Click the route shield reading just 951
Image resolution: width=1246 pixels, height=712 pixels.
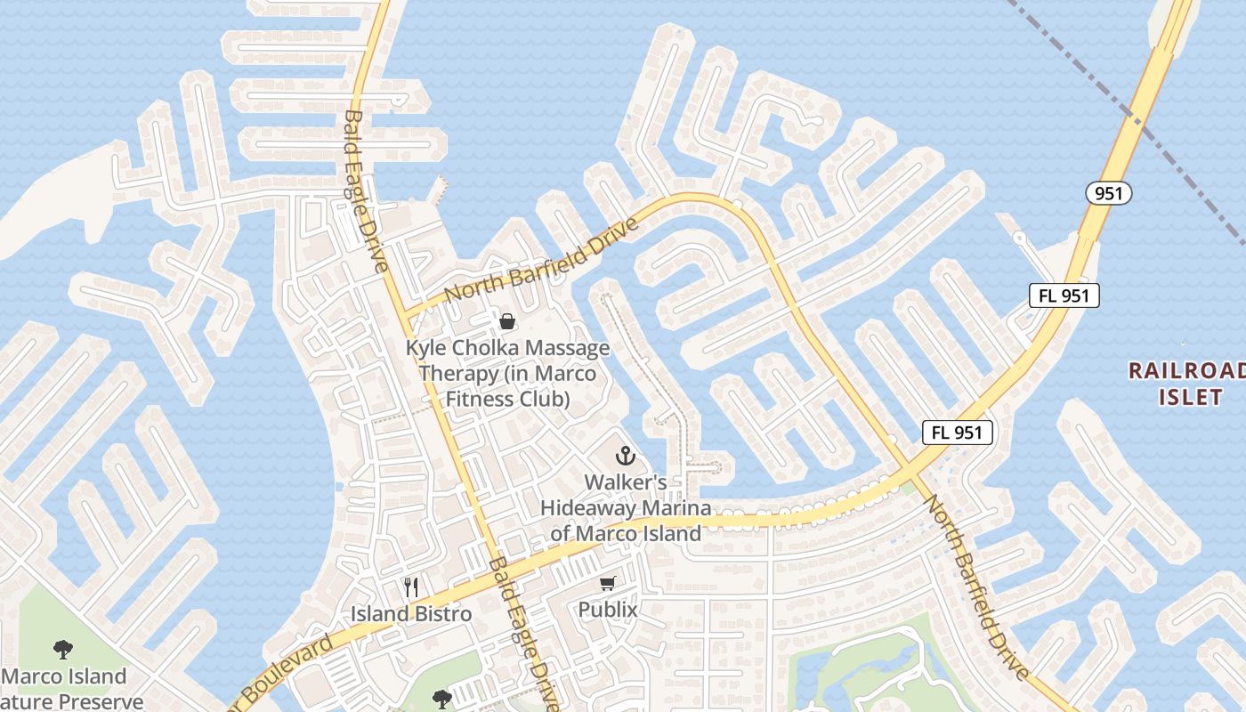click(1108, 192)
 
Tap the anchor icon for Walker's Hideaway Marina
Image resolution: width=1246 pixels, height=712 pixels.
click(626, 456)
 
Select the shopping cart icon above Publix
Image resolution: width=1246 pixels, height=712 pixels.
click(608, 584)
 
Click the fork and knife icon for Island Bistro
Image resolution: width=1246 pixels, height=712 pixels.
click(410, 587)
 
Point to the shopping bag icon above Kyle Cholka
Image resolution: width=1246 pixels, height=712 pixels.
click(507, 320)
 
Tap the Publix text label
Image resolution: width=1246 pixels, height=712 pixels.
click(608, 611)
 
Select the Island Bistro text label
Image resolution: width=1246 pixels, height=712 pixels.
click(410, 614)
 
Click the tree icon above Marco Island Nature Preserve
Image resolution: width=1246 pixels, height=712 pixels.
click(62, 650)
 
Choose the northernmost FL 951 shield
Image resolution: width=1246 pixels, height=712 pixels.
click(1064, 295)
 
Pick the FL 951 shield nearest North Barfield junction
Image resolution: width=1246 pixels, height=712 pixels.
click(957, 433)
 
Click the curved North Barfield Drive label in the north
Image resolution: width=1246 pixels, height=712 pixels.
click(541, 259)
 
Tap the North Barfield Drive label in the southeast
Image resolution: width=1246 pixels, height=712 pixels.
click(977, 587)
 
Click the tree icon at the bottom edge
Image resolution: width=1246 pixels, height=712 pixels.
click(442, 699)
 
